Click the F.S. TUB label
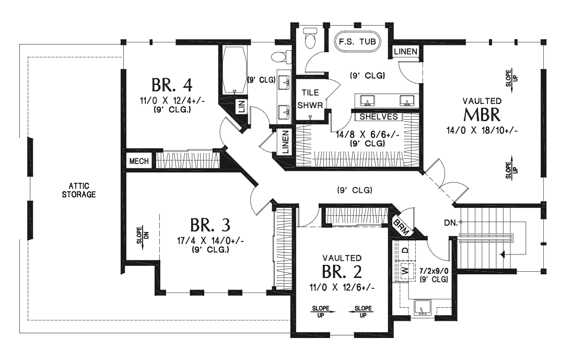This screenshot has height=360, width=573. click(x=357, y=41)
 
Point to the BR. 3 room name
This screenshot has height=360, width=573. click(x=210, y=225)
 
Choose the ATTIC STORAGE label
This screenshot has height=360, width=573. click(x=78, y=190)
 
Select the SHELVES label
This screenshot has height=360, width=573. click(x=379, y=117)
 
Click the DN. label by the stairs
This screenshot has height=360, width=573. click(x=451, y=223)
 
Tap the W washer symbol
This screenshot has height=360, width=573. click(x=404, y=270)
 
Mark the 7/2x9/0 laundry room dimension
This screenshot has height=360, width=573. click(x=434, y=271)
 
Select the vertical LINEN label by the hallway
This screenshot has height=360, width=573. click(x=285, y=141)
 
